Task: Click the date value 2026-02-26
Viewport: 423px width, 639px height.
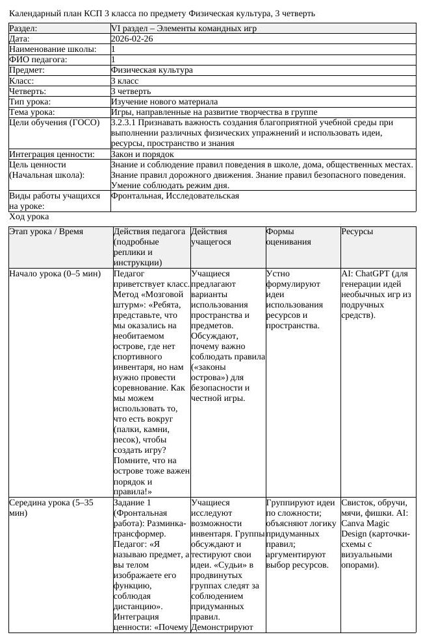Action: tap(132, 39)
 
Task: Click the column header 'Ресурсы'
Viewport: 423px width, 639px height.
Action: tap(357, 232)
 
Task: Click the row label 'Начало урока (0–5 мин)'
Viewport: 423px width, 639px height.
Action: tap(55, 274)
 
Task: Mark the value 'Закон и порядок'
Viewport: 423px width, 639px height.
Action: tap(142, 154)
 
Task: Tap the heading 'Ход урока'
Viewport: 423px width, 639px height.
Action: tap(29, 217)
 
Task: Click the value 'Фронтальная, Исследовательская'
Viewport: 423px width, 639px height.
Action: tap(175, 196)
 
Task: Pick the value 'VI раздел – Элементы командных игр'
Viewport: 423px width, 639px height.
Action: tap(183, 29)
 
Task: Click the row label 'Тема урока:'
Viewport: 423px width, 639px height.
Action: tap(32, 112)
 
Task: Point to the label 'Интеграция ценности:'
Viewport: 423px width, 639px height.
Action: tap(51, 154)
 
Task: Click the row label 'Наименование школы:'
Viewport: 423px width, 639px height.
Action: tap(53, 49)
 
